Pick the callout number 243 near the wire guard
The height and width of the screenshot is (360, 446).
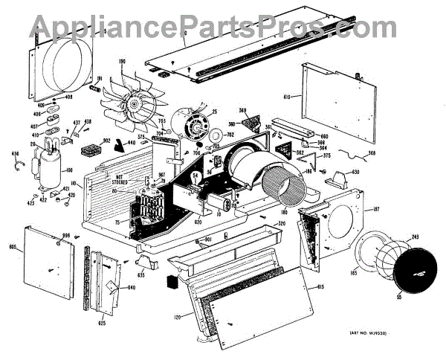pyautogui.click(x=414, y=237)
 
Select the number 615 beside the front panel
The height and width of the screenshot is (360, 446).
pyautogui.click(x=320, y=287)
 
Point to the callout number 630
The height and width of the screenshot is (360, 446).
pyautogui.click(x=355, y=173)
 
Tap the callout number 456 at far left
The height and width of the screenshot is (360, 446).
pyautogui.click(x=15, y=154)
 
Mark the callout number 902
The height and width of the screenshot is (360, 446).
pyautogui.click(x=106, y=140)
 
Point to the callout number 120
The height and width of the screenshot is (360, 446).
pyautogui.click(x=177, y=318)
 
